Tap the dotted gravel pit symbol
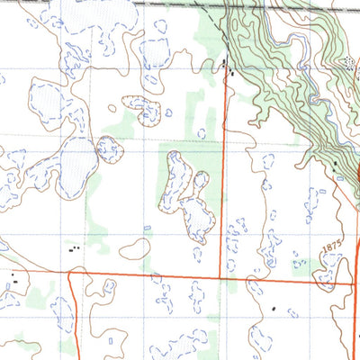tap(348, 62)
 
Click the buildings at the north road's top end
tap(227, 66)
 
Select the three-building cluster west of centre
tap(75, 247)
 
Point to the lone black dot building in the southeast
tap(274, 309)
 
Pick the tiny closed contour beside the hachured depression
tap(168, 113)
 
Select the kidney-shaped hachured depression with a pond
tap(143, 110)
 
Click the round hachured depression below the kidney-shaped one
tap(110, 148)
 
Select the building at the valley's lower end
tap(335, 165)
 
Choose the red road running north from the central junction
tap(223, 180)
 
